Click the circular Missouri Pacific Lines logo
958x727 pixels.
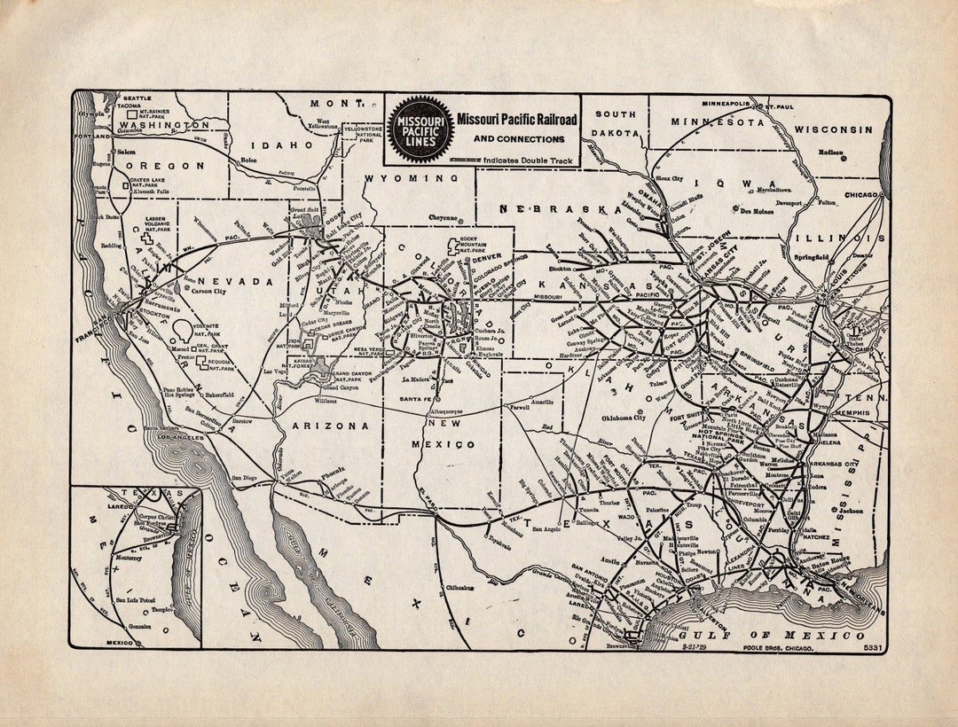click(x=420, y=129)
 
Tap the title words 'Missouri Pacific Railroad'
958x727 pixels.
click(x=516, y=119)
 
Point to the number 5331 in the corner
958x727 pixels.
click(x=873, y=649)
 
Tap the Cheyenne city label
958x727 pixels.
click(x=444, y=218)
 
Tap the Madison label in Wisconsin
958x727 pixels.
click(x=831, y=152)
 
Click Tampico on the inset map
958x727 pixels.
click(x=162, y=609)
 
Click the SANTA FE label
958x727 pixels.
click(x=415, y=400)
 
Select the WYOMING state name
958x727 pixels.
click(x=411, y=178)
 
